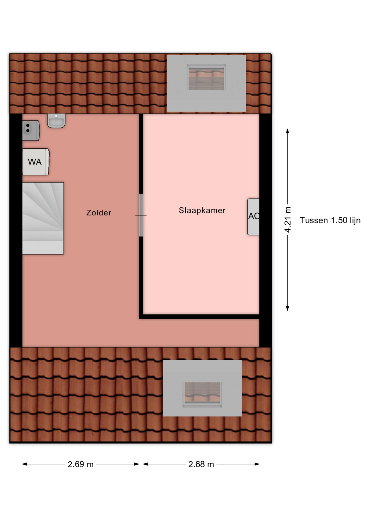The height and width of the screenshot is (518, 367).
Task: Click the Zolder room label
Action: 99,213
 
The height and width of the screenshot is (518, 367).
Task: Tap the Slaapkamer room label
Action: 202,210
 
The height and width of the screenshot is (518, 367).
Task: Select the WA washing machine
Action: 36,162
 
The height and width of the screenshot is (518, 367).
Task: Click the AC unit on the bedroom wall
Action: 253,217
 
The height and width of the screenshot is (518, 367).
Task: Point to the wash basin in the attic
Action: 56,120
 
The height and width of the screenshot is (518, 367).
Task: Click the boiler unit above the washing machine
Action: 31,131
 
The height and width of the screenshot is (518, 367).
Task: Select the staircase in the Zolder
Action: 43,218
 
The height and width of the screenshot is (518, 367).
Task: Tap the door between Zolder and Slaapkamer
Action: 141,215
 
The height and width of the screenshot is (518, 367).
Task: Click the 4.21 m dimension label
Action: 288,220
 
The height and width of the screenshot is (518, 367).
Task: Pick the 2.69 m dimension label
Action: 81,464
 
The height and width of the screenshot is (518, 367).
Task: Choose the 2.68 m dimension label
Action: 201,464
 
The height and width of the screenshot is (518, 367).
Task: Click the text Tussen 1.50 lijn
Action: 330,220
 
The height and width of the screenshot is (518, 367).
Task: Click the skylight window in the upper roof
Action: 206,77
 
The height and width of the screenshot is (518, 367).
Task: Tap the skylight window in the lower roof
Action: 202,394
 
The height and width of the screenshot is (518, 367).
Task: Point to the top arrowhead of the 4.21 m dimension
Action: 288,131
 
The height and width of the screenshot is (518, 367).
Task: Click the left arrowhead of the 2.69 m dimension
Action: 25,464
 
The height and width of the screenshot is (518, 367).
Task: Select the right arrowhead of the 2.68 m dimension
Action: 257,464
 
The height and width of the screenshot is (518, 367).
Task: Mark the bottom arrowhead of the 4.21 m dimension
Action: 288,308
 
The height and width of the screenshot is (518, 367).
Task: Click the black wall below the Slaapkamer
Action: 199,317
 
